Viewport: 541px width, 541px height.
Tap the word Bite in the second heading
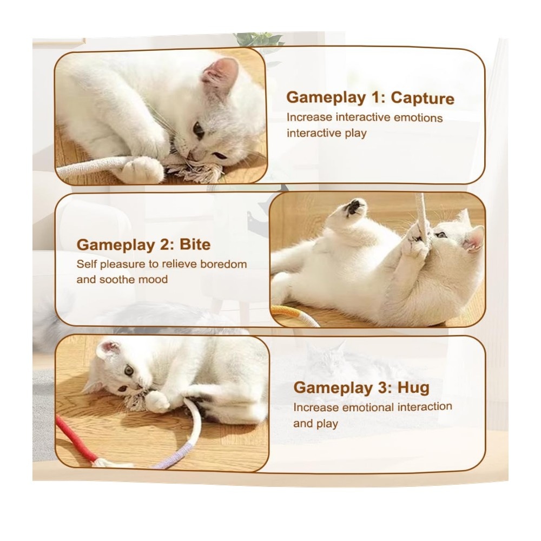click(x=195, y=245)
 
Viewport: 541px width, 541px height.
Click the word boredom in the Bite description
click(x=223, y=265)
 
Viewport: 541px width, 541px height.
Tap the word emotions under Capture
click(x=418, y=117)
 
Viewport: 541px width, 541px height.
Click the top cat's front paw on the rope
click(x=143, y=169)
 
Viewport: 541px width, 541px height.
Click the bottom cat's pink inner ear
click(x=110, y=349)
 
